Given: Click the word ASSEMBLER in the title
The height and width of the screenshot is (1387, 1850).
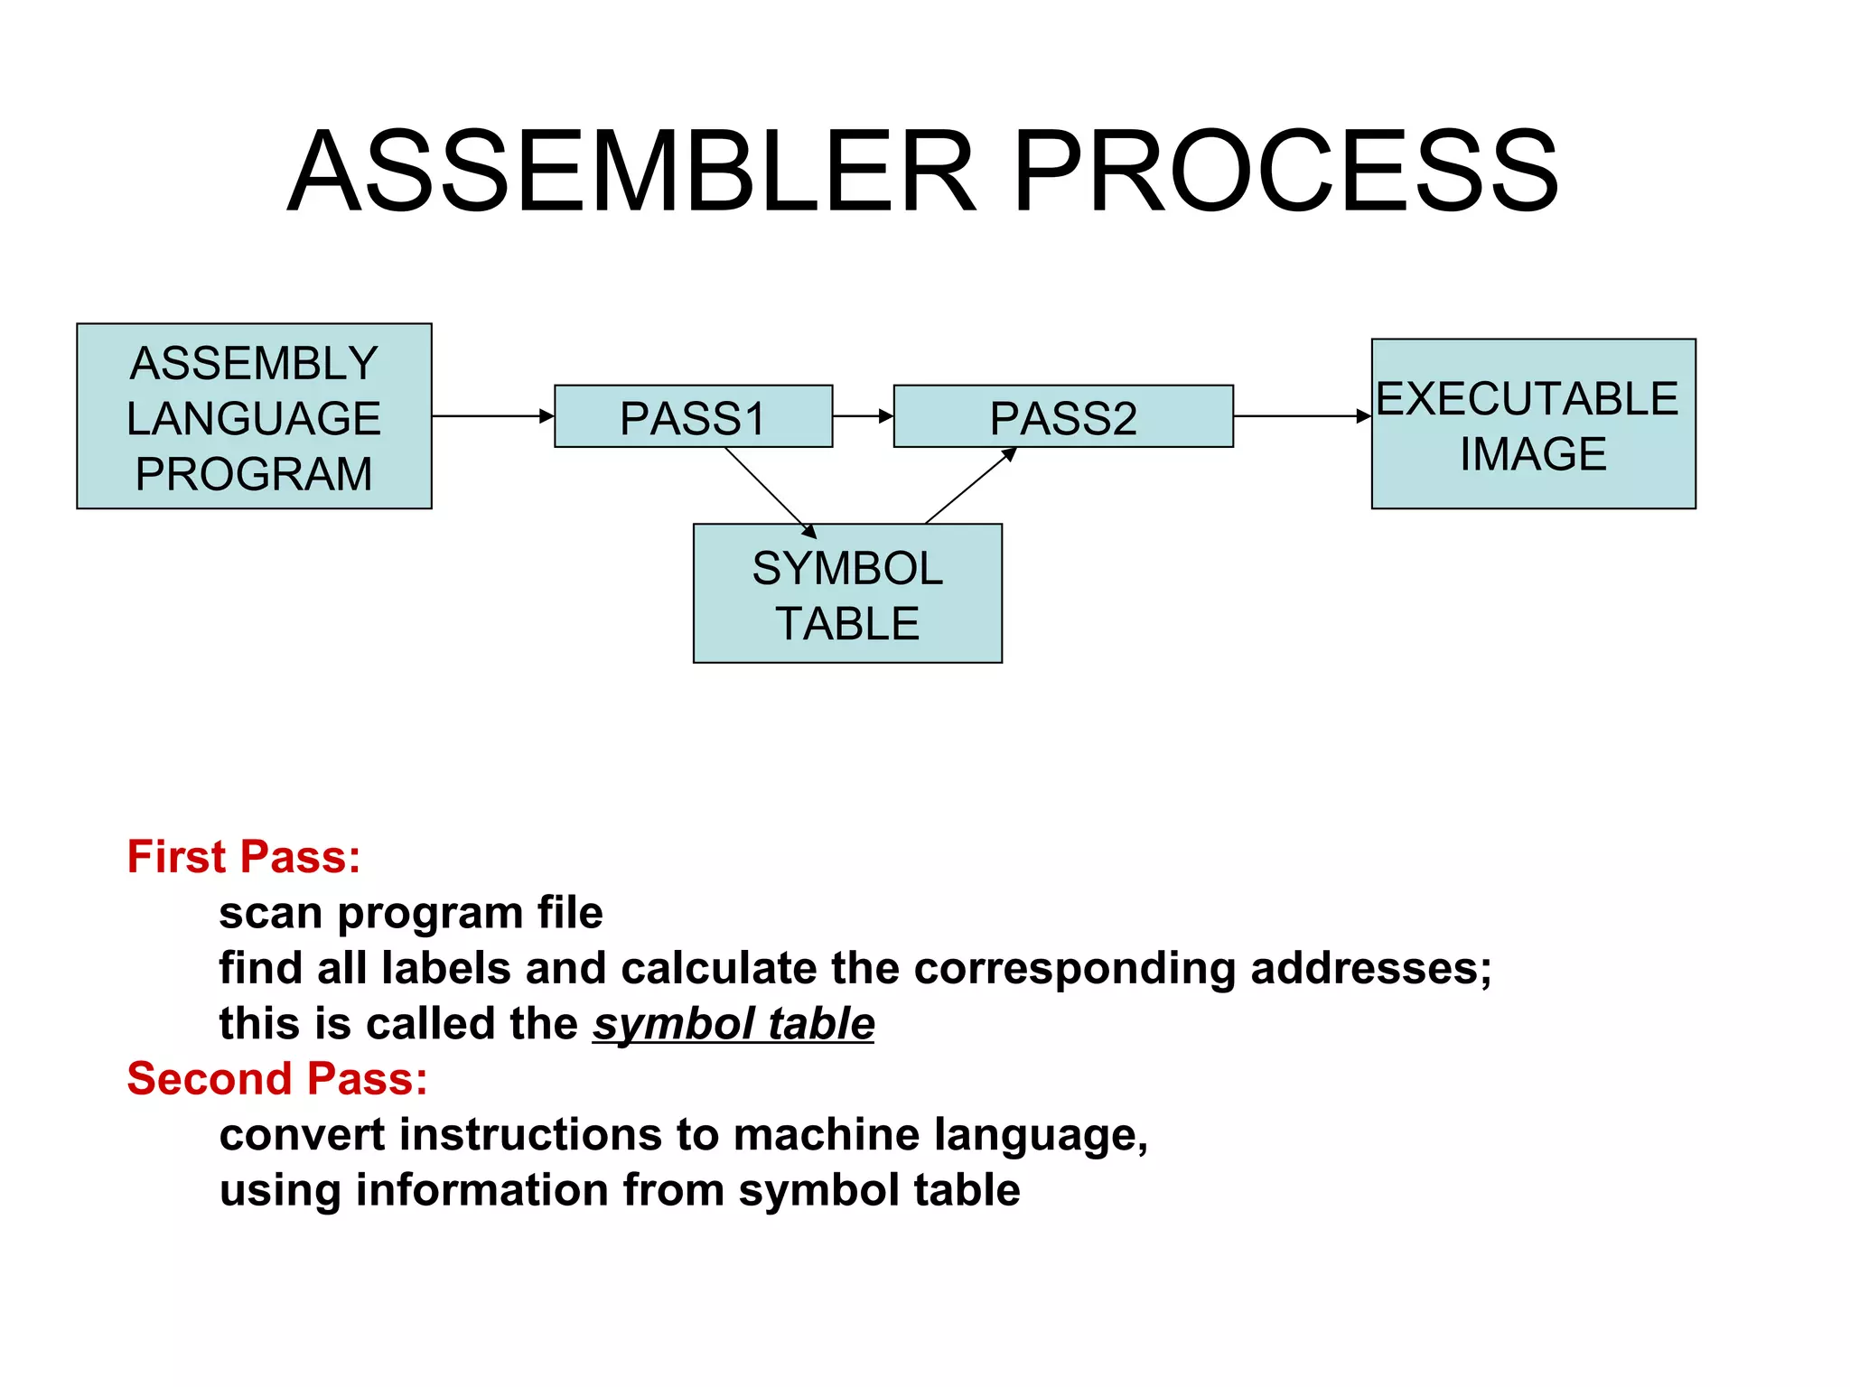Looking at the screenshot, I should coord(632,172).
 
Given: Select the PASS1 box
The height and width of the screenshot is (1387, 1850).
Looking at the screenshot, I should coord(693,417).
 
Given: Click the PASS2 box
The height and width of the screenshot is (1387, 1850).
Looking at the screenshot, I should coord(1062,417).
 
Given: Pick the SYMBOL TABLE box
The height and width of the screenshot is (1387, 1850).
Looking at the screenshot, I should coord(847,594).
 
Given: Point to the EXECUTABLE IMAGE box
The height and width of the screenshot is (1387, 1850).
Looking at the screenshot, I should coord(1533,424).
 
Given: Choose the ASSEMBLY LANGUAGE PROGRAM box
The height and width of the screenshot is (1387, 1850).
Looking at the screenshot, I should coord(254,417).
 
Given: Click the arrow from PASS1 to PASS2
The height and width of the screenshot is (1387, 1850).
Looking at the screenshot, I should coord(862,416).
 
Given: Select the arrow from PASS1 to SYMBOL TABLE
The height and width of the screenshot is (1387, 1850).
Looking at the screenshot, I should coord(770,492).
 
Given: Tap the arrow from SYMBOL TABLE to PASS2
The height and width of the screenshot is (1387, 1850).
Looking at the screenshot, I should coord(970,486).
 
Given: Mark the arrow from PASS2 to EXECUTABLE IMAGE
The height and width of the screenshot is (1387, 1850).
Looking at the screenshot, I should coord(1301,416).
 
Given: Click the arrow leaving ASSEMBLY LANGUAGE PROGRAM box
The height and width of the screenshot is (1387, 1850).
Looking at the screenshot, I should coord(492,416).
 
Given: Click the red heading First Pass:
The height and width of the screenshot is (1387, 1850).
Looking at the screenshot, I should coord(244,856).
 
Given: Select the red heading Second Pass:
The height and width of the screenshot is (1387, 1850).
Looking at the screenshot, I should coord(277,1078).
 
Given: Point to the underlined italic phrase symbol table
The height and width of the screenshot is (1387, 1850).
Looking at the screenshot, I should coord(733,1024).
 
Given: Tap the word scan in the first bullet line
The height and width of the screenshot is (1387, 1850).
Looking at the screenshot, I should coord(270,913).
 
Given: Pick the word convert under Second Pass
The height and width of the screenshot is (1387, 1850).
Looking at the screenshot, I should coord(302,1135).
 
